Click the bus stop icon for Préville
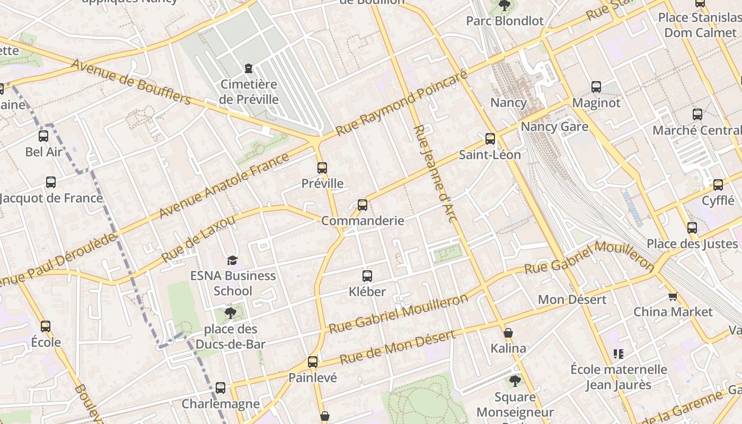[322, 168]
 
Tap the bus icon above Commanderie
[363, 205]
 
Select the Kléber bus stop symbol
[367, 276]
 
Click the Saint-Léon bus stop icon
[490, 139]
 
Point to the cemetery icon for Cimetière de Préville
[248, 68]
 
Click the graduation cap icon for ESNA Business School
[232, 260]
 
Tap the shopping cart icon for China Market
[673, 296]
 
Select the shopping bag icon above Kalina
[508, 333]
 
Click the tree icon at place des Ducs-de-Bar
[230, 313]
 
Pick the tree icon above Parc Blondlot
[505, 6]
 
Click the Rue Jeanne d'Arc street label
[435, 173]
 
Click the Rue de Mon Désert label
[397, 348]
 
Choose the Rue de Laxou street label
[198, 238]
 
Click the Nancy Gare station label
[554, 127]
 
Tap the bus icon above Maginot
[596, 87]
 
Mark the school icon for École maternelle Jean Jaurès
[618, 354]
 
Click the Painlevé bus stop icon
[313, 362]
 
